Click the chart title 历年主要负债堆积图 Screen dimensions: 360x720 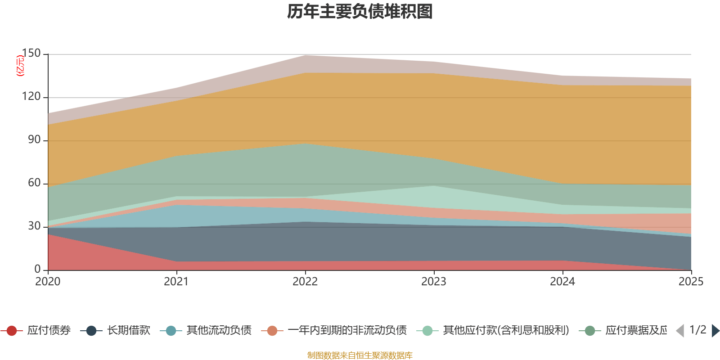360,12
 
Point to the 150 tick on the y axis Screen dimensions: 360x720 31,54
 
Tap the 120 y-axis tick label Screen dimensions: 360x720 31,97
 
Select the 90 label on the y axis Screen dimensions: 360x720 34,140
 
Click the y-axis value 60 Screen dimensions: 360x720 34,183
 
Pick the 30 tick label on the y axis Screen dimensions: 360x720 34,226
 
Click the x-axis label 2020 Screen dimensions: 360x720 48,282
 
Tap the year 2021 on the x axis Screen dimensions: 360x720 176,282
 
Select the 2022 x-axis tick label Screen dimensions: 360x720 305,282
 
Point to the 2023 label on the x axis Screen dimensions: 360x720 434,282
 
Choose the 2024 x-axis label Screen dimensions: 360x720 562,282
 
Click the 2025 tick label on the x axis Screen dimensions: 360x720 691,282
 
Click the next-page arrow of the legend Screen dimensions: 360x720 715,331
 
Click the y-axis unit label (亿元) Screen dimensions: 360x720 20,66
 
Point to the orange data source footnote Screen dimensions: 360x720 360,355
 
